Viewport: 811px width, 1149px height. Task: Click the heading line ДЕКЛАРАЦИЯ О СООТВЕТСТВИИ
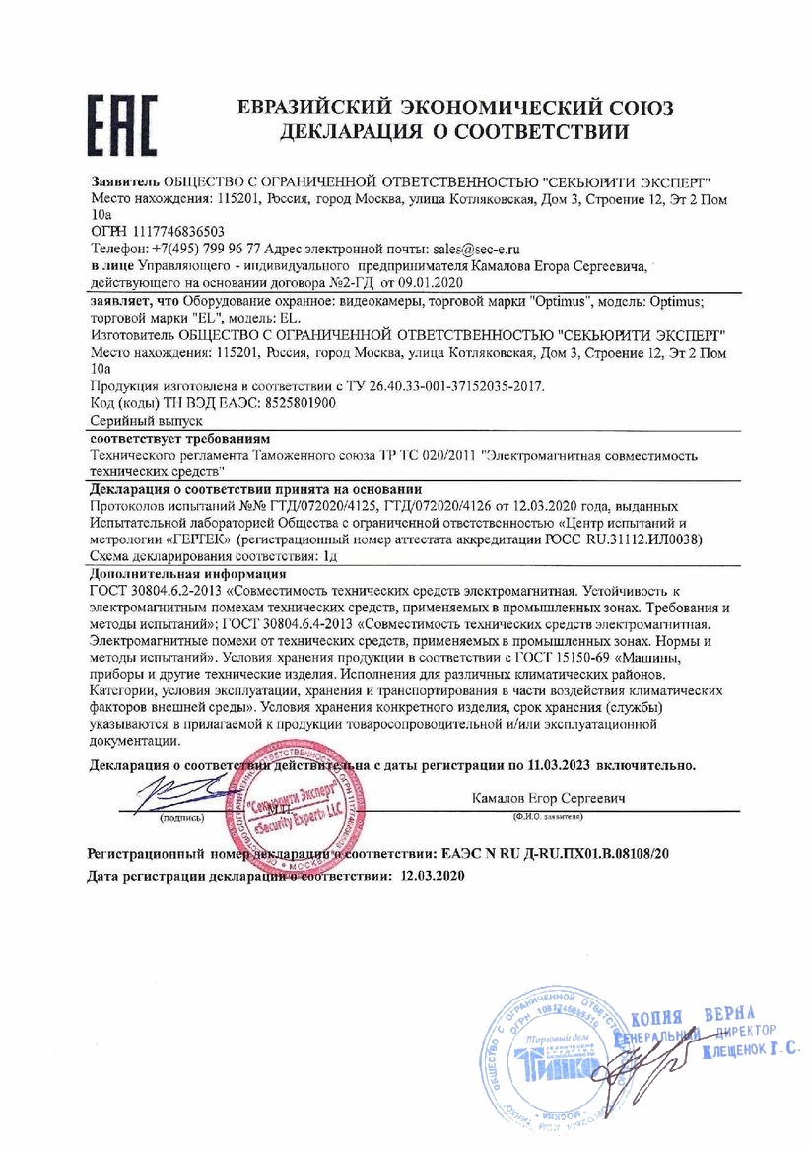(454, 131)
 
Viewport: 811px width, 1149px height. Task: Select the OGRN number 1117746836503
(169, 230)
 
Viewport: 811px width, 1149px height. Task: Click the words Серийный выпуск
(132, 420)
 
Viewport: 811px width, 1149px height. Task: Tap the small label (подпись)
(181, 818)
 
